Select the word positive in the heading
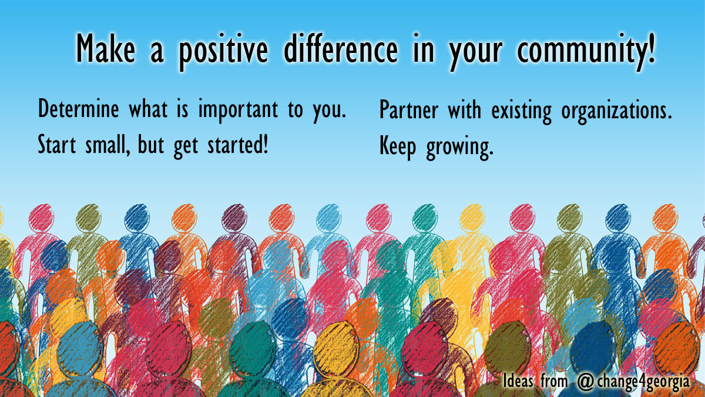pos(223,50)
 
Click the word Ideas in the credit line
pos(518,381)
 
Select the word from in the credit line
pos(555,381)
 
